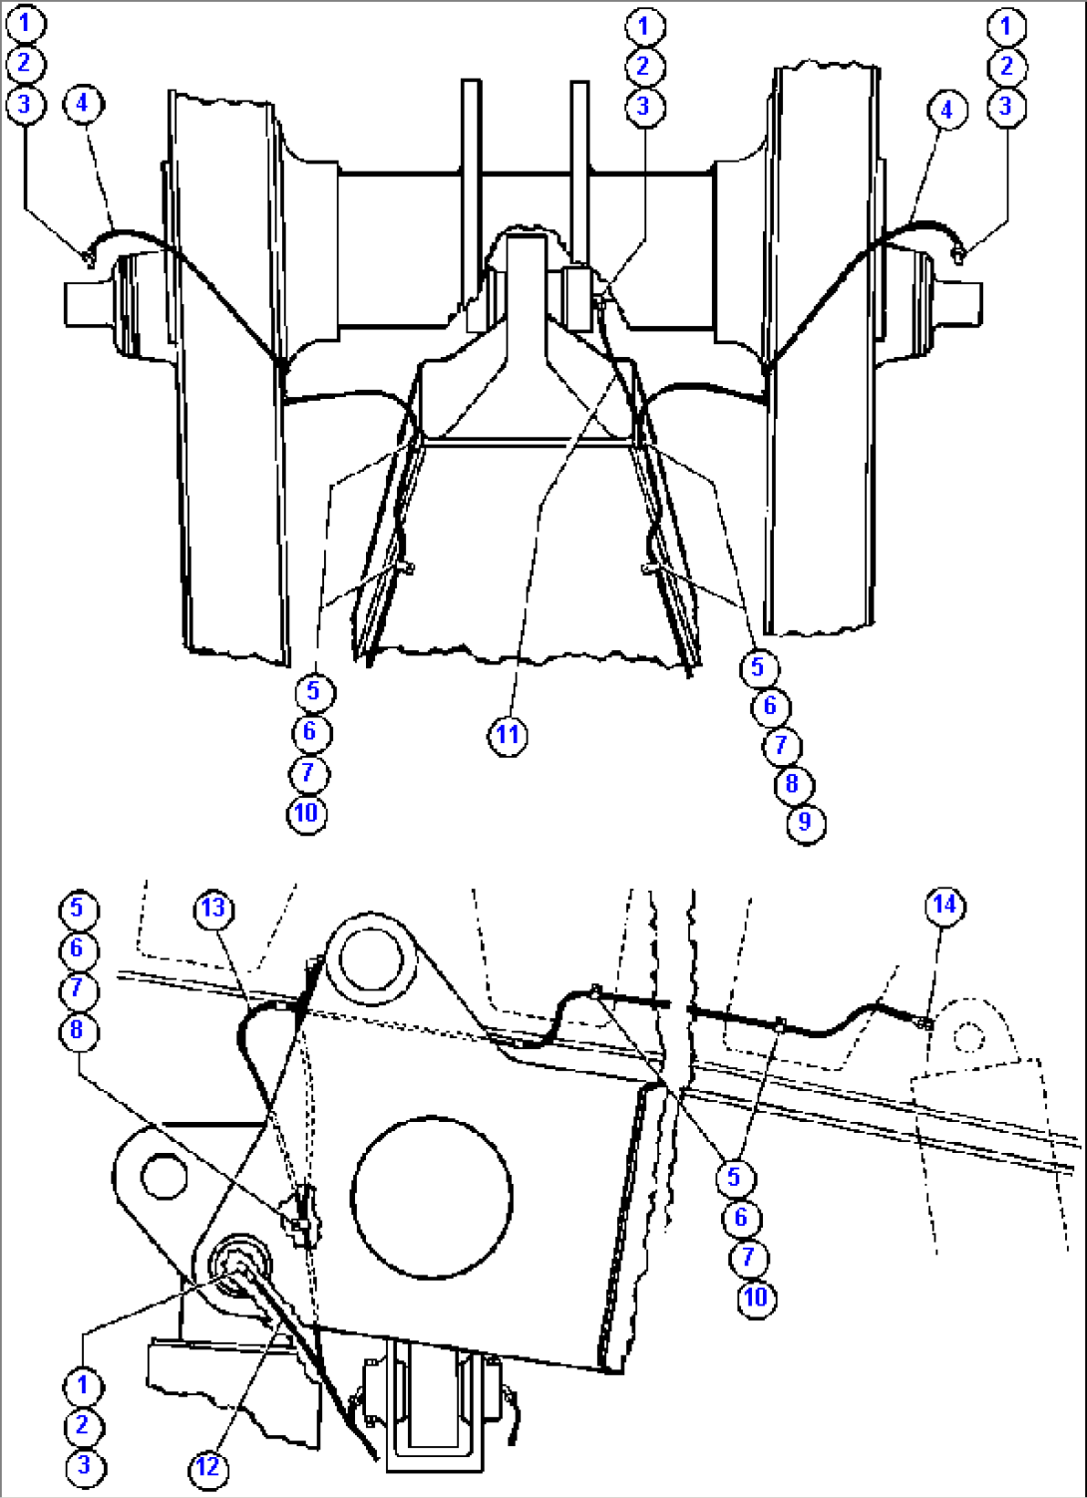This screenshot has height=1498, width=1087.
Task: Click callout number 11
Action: pyautogui.click(x=508, y=736)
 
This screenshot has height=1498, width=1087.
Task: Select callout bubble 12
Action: pyautogui.click(x=206, y=1467)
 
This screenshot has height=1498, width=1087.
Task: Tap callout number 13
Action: pyautogui.click(x=213, y=908)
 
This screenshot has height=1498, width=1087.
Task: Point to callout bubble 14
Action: pyautogui.click(x=943, y=905)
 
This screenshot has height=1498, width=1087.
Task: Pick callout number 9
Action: pyautogui.click(x=805, y=824)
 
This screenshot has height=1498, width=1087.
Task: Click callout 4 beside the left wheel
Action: pyautogui.click(x=83, y=103)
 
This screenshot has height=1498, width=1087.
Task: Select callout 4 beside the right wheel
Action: pyautogui.click(x=946, y=110)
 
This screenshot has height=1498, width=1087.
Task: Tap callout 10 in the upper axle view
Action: pyautogui.click(x=306, y=813)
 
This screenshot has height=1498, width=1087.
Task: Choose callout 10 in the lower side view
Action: pyautogui.click(x=755, y=1298)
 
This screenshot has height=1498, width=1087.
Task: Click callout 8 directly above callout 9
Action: pyautogui.click(x=792, y=784)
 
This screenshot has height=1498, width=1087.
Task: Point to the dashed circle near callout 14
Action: pyautogui.click(x=968, y=1037)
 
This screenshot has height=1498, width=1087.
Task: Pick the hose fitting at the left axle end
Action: pyautogui.click(x=88, y=258)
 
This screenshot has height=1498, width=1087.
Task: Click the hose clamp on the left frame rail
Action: pyautogui.click(x=406, y=567)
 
